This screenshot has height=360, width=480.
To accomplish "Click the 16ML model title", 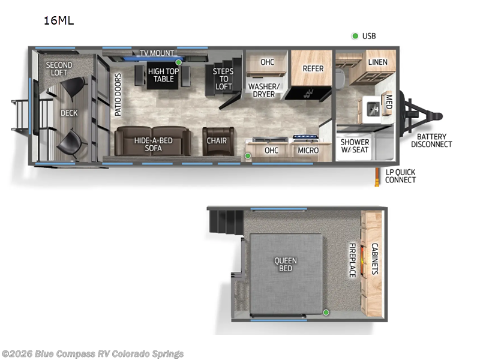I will [58, 21].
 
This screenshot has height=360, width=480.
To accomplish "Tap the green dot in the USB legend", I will [355, 36].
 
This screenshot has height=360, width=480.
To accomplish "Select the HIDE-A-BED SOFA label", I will [152, 145].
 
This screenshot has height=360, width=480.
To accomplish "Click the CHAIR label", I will [217, 141].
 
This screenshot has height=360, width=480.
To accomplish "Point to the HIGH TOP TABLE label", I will [164, 75].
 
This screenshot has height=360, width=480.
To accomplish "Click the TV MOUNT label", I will [157, 53].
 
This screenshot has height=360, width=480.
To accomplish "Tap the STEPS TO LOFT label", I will [224, 79].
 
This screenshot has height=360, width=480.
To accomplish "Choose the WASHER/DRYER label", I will [264, 90].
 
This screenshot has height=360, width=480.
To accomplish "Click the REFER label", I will [313, 68].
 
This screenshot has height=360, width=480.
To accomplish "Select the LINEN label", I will [377, 62].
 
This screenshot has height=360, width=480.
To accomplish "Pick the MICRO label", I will [308, 150].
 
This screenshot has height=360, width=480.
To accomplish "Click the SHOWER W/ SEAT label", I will [355, 146].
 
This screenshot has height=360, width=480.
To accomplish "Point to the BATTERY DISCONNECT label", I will [431, 140].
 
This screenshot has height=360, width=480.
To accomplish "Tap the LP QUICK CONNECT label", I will [400, 176].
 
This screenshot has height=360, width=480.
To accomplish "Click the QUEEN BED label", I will [286, 265].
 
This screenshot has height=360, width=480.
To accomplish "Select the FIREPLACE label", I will [353, 260].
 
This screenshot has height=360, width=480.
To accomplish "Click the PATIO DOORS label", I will [118, 95].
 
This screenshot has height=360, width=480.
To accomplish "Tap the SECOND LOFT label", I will [59, 69].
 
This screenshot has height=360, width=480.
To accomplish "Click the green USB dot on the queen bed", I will [326, 312].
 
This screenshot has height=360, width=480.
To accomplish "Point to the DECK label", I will [69, 113].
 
